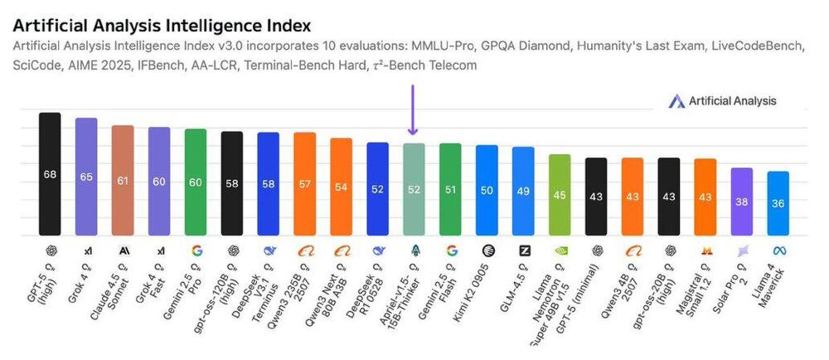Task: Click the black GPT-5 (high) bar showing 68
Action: [50, 174]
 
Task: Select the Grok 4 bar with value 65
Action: [86, 177]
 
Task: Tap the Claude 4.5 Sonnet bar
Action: [123, 180]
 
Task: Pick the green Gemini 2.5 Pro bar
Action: [195, 182]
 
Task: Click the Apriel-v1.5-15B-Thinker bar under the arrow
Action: [414, 189]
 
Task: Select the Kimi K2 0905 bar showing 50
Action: [487, 190]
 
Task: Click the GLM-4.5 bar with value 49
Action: [523, 191]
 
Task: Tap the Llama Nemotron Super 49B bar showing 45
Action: [560, 195]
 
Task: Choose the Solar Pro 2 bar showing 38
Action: [742, 202]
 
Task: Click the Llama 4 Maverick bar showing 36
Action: [778, 203]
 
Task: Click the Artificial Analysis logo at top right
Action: [722, 101]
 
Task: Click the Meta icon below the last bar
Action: [778, 250]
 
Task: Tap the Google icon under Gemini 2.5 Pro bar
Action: [196, 250]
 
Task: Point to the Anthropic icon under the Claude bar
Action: [123, 250]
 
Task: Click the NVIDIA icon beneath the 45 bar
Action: [560, 250]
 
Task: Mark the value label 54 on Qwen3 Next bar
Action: [341, 187]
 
